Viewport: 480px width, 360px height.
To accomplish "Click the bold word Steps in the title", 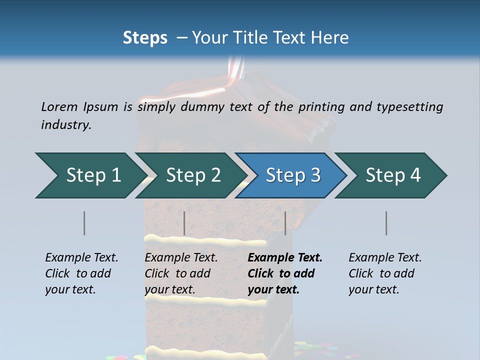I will pos(145,37).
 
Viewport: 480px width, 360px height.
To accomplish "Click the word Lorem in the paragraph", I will pos(59,106).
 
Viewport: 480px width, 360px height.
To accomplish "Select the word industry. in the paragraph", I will pos(66,124).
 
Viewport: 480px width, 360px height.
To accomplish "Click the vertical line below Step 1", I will pos(84,223).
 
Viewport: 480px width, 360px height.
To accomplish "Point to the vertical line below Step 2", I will pos(184,223).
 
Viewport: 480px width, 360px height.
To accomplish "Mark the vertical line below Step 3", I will pos(285,223).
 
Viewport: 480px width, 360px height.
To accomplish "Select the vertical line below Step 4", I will pos(386,223).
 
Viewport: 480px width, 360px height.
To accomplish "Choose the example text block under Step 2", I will pos(180,273).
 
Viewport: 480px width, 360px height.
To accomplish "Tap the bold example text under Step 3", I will pos(284,273).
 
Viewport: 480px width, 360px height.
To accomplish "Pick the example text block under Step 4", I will pos(384,273).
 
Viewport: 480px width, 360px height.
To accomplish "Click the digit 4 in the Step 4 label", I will pos(415,175).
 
